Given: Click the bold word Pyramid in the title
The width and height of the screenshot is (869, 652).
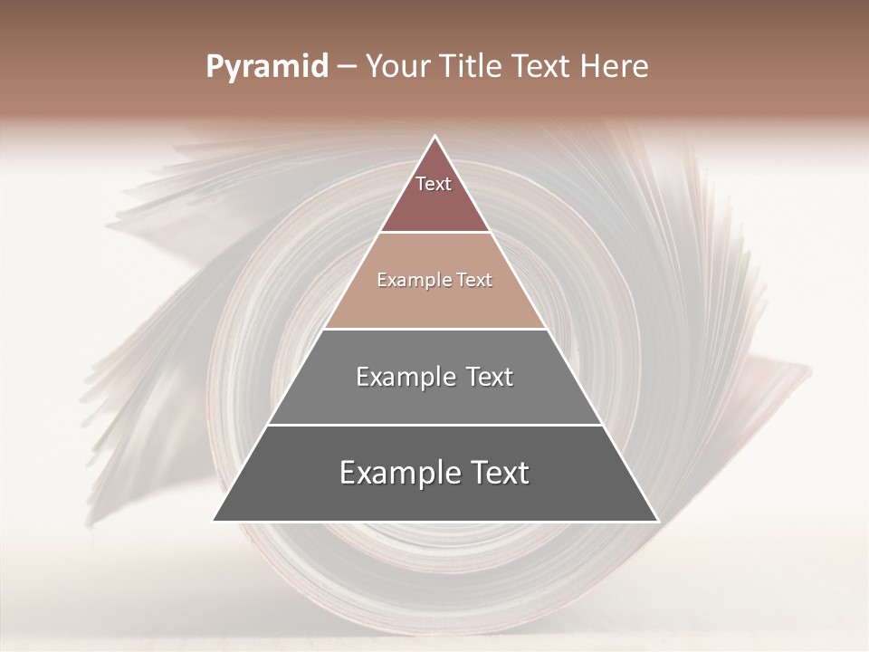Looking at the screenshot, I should (267, 67).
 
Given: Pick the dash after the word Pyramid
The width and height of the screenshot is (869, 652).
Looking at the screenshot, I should (347, 67).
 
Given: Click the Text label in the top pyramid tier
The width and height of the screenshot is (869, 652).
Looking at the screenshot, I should (434, 184).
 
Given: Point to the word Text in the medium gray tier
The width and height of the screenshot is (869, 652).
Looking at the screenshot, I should (490, 377).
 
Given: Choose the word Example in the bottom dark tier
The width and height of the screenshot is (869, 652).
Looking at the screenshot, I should (398, 473).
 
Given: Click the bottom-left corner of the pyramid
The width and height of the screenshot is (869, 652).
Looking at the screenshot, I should (214, 521).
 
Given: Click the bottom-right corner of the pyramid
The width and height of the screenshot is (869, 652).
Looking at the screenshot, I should (658, 521).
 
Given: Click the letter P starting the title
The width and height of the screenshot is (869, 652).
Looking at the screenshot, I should (214, 67).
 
